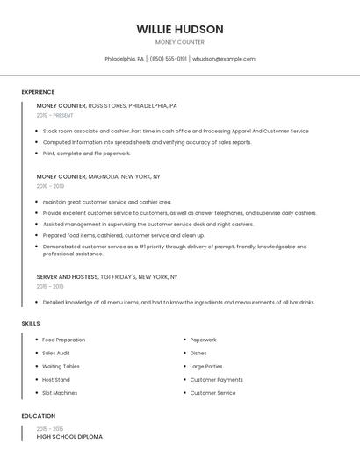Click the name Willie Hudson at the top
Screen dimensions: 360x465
coord(180,29)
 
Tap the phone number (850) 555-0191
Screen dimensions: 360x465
coord(168,59)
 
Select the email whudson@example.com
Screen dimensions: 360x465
coord(224,59)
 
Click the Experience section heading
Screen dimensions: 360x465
coord(38,92)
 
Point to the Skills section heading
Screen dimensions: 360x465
coord(31,324)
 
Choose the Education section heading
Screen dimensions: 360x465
coord(38,416)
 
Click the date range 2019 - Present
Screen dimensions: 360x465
coord(55,116)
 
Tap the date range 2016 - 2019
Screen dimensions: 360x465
coord(50,186)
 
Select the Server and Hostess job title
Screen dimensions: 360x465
coord(68,276)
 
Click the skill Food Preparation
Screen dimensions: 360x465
coord(64,340)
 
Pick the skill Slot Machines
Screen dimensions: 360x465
coord(60,393)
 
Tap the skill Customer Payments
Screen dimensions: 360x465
coord(217,380)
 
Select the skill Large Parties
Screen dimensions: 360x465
coord(206,366)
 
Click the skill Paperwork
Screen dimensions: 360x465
coord(203,340)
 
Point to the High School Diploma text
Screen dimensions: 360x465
coord(69,436)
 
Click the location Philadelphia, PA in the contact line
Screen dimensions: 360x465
coord(125,59)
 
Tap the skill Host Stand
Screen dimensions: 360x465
coord(56,380)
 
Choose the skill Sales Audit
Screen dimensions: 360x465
coord(56,353)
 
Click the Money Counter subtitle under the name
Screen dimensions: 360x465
coord(180,42)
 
